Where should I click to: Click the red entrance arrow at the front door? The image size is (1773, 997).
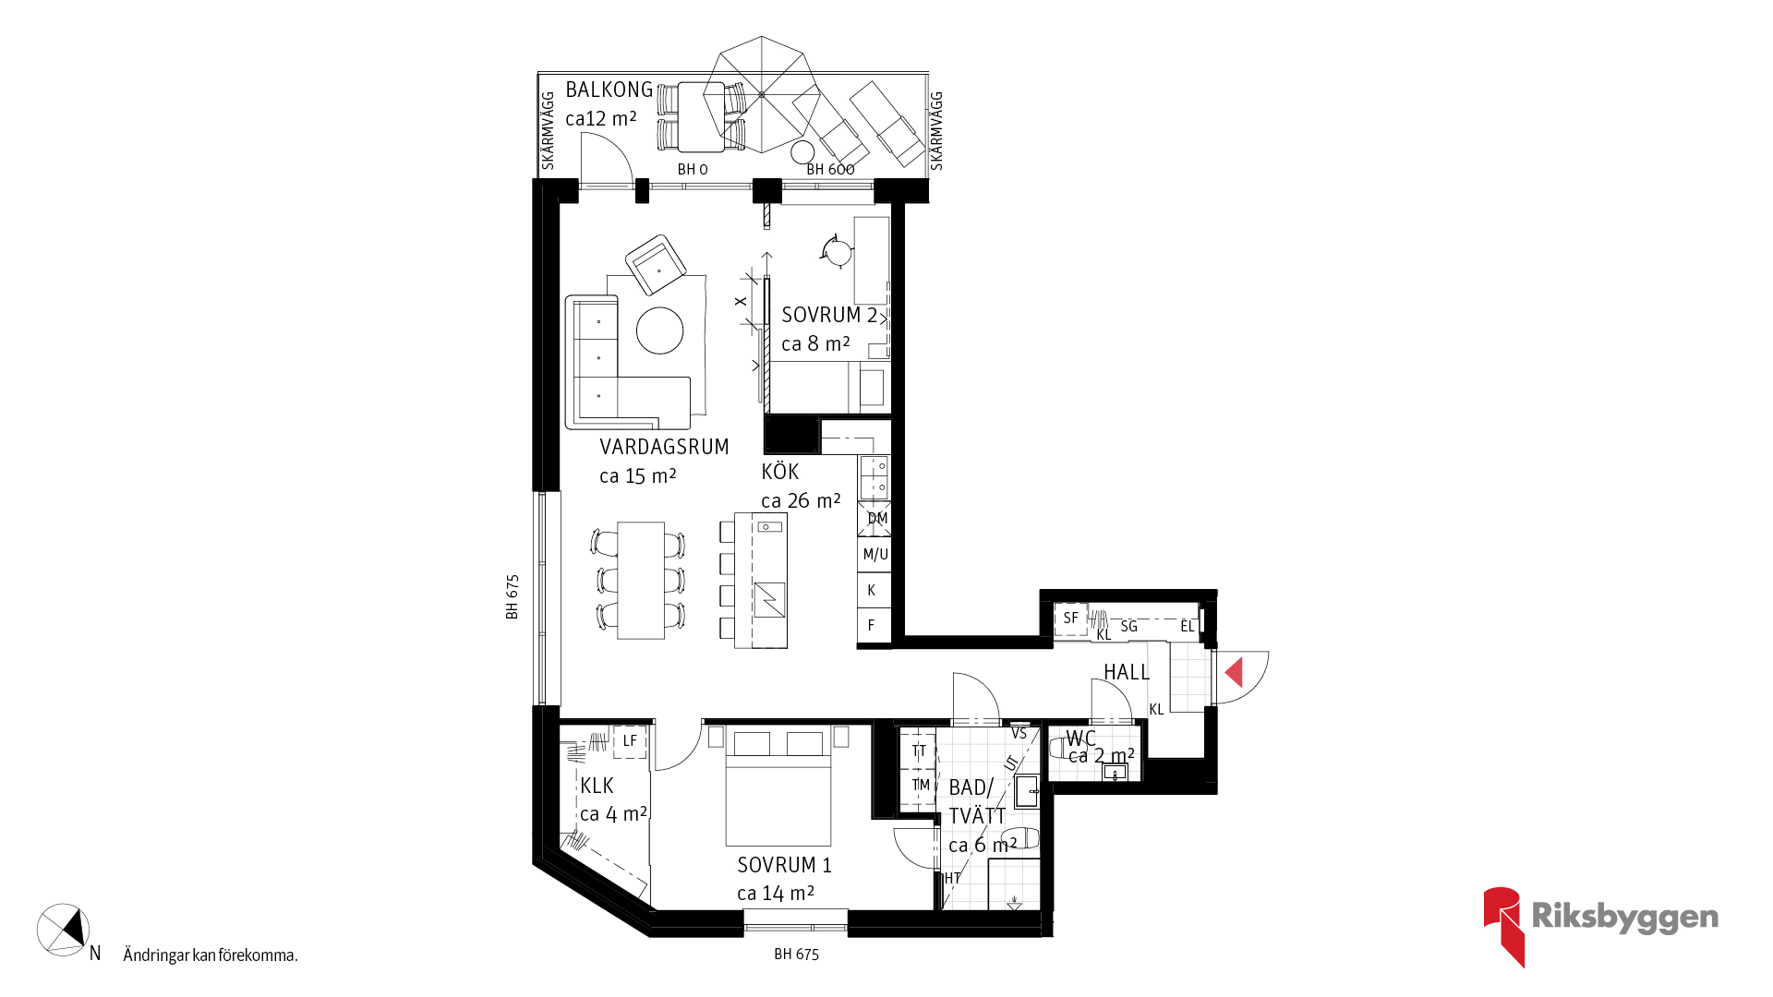(1235, 672)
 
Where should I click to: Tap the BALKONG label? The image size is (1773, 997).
(609, 90)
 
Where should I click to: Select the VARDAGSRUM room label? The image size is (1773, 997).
(664, 447)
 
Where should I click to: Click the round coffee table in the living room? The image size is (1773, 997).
(659, 330)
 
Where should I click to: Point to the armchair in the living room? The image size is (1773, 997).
(656, 264)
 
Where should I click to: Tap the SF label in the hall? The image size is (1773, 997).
(1070, 618)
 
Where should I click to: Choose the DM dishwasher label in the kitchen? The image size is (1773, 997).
(877, 518)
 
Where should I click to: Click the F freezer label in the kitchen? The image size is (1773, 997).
(871, 625)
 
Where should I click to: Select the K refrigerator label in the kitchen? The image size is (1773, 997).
(871, 590)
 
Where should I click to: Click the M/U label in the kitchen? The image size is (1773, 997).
(875, 554)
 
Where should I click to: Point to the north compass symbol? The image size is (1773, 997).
(64, 930)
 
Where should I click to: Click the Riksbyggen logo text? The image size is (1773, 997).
(1624, 917)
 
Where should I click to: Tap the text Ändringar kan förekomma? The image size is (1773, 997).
(211, 955)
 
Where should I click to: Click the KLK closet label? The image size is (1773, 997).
(597, 786)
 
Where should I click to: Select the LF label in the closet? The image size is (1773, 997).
(630, 740)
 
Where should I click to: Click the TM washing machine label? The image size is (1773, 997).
(921, 785)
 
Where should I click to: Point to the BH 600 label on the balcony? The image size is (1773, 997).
(830, 169)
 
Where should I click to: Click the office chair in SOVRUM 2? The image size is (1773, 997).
(838, 250)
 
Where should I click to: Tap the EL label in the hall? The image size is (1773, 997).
(1188, 626)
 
